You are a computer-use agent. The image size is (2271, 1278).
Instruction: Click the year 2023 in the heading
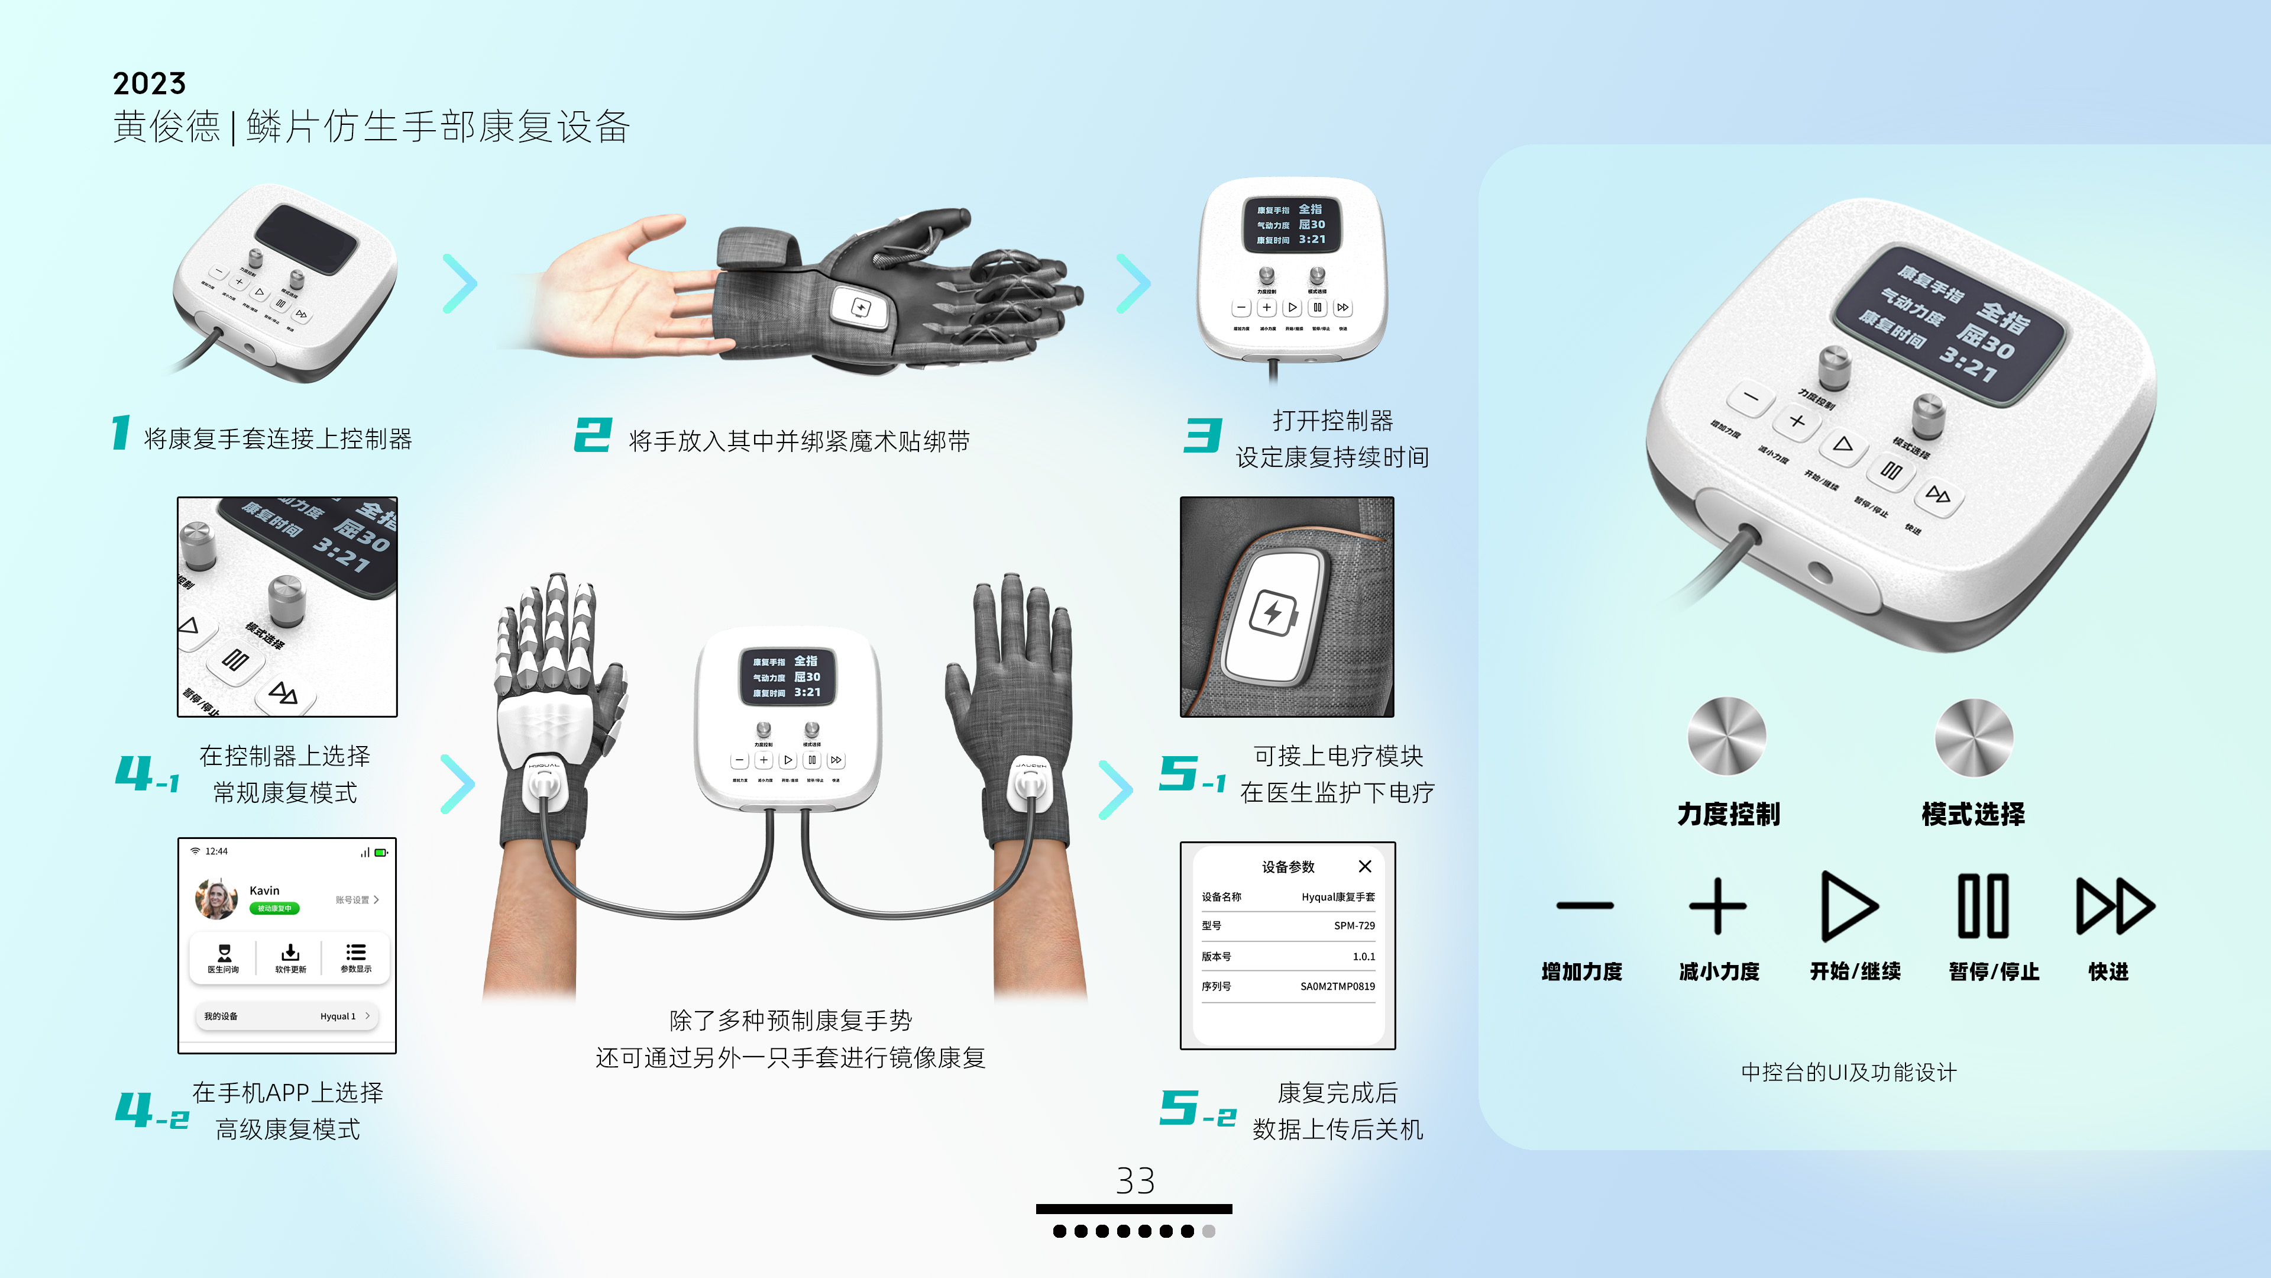click(x=149, y=84)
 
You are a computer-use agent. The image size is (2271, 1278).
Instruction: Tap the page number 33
click(x=1135, y=1181)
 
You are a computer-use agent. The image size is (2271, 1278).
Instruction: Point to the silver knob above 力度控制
click(x=1726, y=737)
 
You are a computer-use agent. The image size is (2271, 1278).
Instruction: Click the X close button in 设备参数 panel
click(x=1365, y=866)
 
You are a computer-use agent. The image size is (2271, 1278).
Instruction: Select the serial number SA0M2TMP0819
click(x=1337, y=986)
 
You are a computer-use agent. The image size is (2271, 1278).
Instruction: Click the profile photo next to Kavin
click(x=216, y=899)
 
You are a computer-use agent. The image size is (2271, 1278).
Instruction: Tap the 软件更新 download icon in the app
click(x=290, y=953)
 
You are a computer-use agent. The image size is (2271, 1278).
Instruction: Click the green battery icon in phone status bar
click(x=381, y=852)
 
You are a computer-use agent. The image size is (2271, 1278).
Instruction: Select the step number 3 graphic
click(x=1202, y=435)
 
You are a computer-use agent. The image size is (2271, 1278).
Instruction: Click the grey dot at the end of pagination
click(x=1209, y=1231)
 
